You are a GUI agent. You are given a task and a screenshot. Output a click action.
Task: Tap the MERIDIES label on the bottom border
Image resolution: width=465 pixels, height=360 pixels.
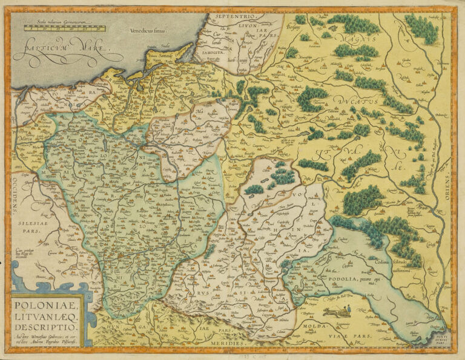pos(229,343)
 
